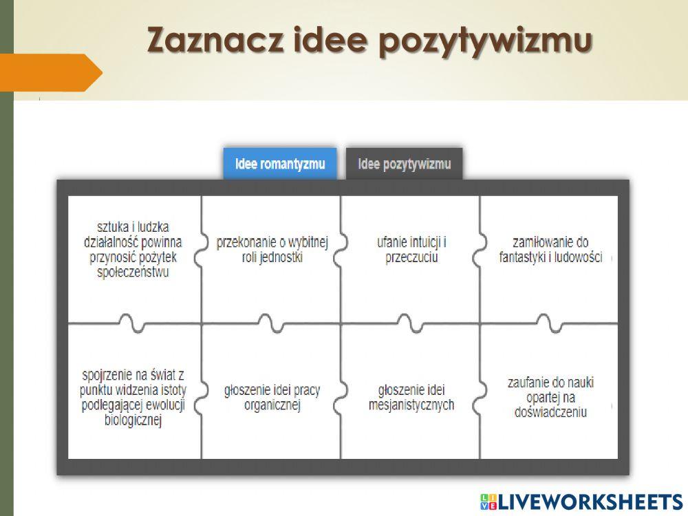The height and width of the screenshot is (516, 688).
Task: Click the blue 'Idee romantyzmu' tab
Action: [x=280, y=164]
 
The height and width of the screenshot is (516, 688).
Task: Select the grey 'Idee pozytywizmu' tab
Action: [x=405, y=164]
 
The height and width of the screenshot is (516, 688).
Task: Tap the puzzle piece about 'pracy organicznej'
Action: [x=272, y=398]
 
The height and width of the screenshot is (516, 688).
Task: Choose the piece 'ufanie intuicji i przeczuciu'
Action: [x=411, y=250]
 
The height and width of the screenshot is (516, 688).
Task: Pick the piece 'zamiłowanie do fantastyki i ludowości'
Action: [x=550, y=250]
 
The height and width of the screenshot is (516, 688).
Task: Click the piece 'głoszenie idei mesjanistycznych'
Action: [x=411, y=398]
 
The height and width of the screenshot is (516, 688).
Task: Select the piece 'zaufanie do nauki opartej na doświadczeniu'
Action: [x=550, y=398]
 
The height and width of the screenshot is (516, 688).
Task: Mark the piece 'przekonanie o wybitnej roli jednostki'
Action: [x=272, y=250]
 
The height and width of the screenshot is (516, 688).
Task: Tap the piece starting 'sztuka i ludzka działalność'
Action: [x=133, y=249]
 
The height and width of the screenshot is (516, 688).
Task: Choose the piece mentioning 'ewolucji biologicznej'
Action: [x=133, y=398]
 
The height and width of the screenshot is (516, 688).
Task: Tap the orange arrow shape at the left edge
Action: [x=52, y=72]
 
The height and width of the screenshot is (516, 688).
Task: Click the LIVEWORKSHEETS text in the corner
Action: [x=589, y=502]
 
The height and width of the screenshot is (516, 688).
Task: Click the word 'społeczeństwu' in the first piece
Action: [x=133, y=272]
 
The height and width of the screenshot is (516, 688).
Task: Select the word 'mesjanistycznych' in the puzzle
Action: [x=411, y=405]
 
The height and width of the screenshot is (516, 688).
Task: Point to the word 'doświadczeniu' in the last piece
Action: [x=550, y=412]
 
